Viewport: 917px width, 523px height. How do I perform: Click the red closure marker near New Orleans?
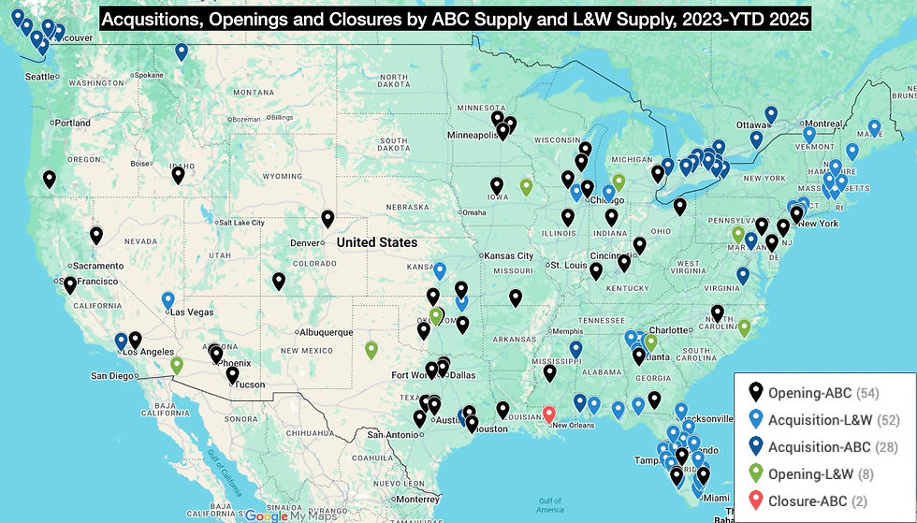549,413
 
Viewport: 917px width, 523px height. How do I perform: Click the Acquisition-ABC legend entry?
818,446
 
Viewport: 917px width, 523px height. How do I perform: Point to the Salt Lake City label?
240,223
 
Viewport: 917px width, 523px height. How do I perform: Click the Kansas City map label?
509,255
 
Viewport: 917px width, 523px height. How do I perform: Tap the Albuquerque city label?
327,332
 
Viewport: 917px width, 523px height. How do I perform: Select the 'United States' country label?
377,242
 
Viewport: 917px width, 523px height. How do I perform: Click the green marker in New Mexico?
371,350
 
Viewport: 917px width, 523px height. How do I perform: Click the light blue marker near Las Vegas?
168,299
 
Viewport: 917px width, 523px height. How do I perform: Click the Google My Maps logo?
289,516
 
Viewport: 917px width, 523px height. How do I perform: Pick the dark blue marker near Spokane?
182,51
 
